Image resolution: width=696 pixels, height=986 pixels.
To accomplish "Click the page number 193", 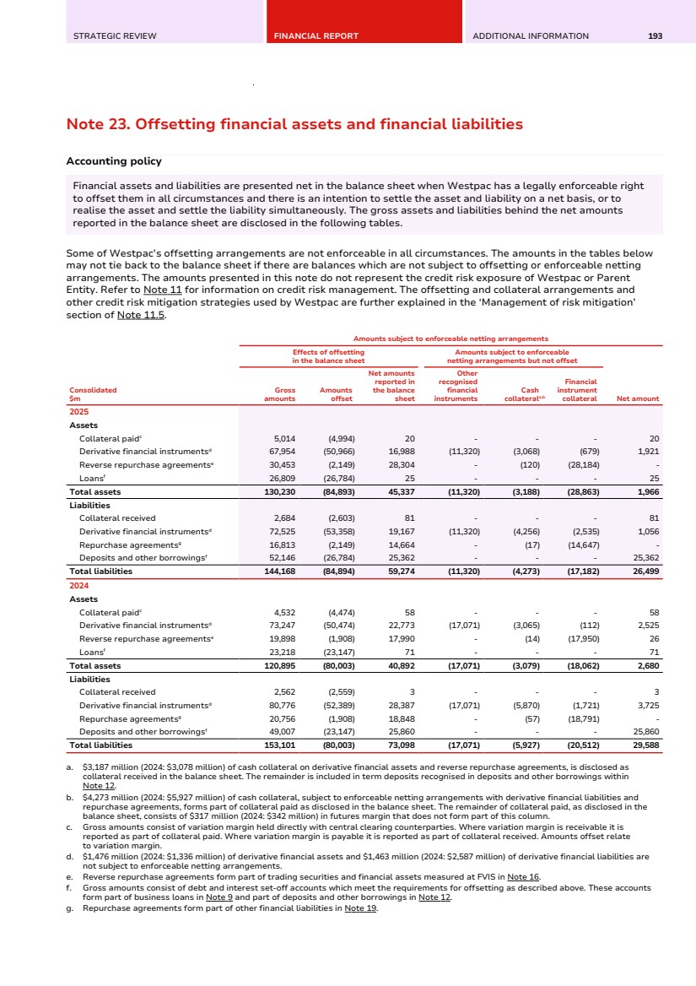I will tap(655, 35).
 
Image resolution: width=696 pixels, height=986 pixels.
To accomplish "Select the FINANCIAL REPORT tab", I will tap(316, 35).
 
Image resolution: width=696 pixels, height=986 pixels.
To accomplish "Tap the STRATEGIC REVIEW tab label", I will tap(115, 35).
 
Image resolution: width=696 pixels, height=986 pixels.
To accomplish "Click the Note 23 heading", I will tap(294, 124).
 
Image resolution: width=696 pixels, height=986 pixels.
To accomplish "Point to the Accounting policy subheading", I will tap(114, 161).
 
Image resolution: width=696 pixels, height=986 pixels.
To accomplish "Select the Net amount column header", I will tap(638, 398).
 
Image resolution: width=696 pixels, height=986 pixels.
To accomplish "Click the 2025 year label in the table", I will tap(78, 412).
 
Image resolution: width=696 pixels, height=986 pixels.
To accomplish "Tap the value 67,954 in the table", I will tap(280, 452).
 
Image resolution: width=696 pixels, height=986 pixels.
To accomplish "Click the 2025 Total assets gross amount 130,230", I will tap(279, 492).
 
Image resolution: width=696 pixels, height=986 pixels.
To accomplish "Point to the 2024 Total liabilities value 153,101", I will tap(279, 745).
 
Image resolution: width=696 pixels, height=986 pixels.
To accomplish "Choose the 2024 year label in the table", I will tap(78, 586).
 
